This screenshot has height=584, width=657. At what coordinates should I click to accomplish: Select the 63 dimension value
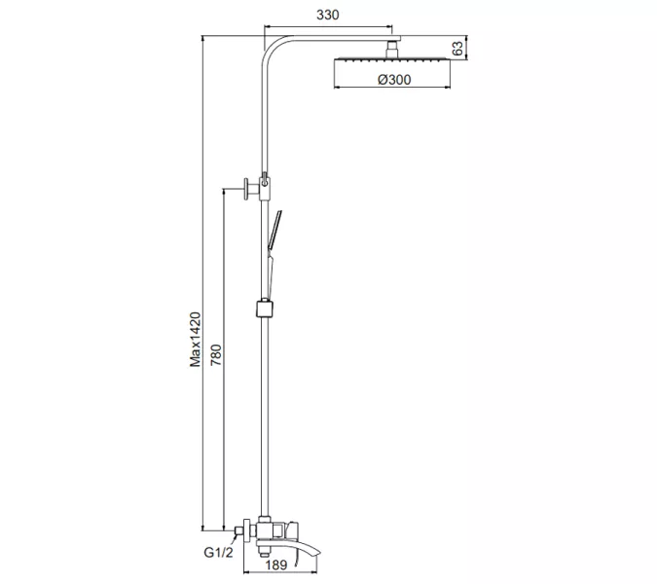pos(456,48)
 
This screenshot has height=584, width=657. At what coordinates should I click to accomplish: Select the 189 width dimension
pos(275,564)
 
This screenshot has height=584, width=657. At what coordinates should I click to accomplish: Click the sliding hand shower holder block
pos(263,310)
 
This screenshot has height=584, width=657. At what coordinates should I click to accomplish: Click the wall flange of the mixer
pos(243,531)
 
